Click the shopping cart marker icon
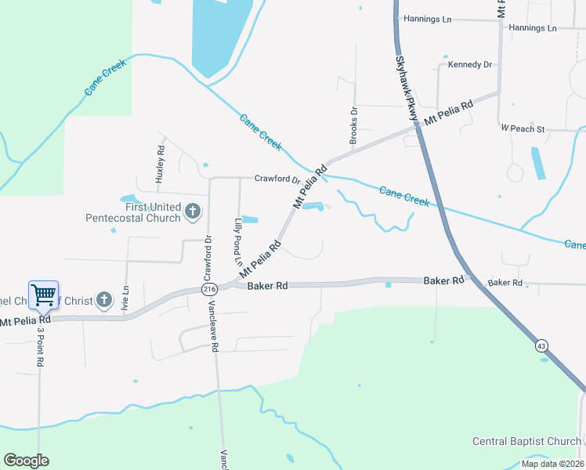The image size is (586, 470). pyautogui.click(x=43, y=295)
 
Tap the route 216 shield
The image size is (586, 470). pyautogui.click(x=208, y=289)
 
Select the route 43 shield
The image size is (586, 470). pyautogui.click(x=541, y=345)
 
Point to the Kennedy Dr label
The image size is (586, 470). pyautogui.click(x=469, y=64)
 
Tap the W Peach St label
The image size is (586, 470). pyautogui.click(x=523, y=128)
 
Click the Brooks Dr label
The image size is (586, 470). pyautogui.click(x=354, y=121)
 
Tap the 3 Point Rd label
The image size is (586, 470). pyautogui.click(x=42, y=347)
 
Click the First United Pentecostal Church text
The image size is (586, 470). pyautogui.click(x=133, y=212)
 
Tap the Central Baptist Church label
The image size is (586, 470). pyautogui.click(x=526, y=442)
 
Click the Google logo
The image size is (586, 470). pyautogui.click(x=26, y=461)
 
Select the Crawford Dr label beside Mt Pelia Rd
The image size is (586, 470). pyautogui.click(x=277, y=179)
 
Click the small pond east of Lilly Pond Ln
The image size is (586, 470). pyautogui.click(x=250, y=219)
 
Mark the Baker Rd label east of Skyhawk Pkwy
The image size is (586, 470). pyautogui.click(x=504, y=282)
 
